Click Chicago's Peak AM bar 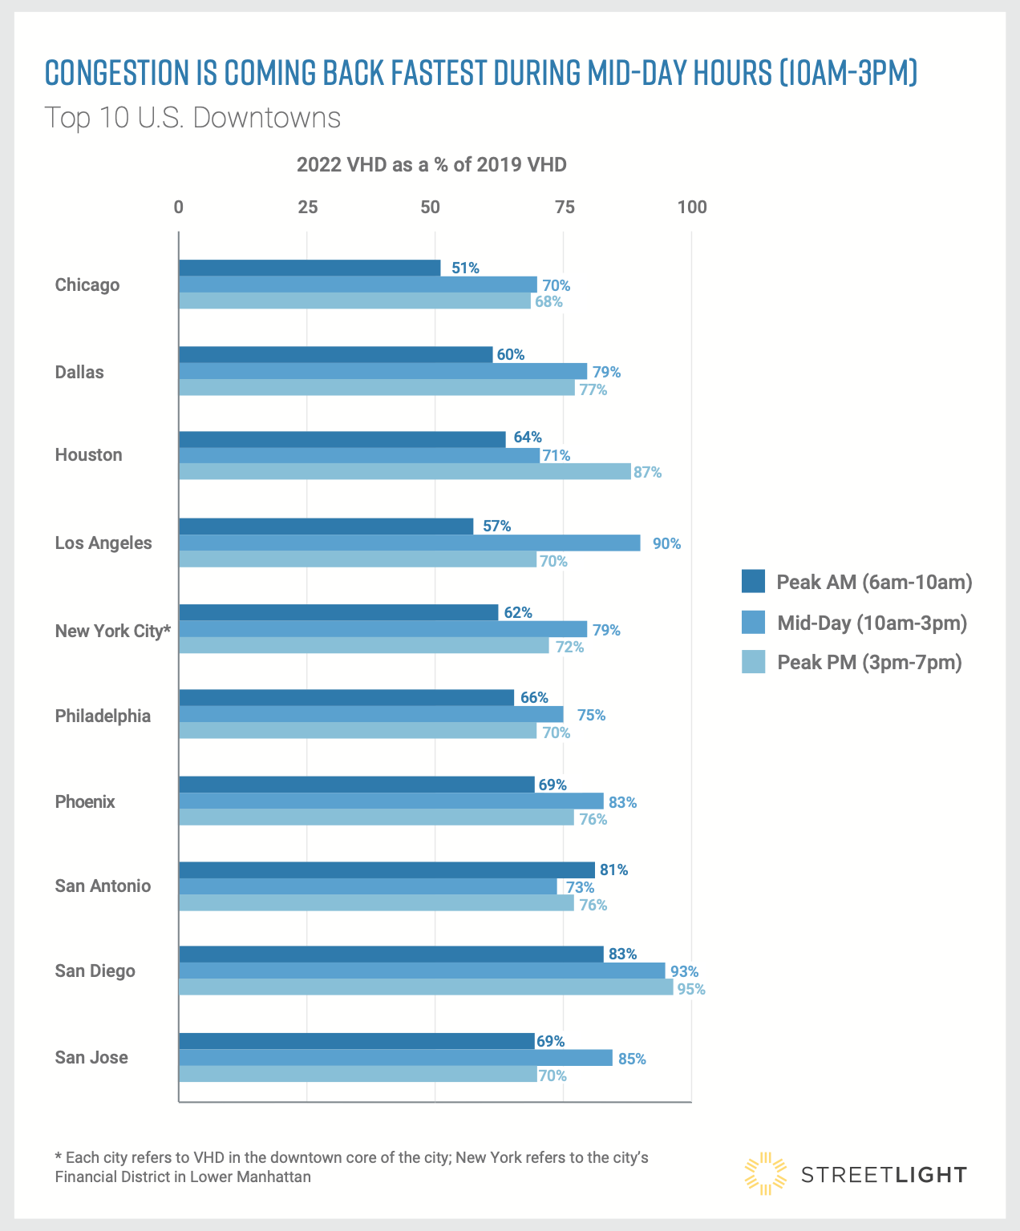tap(310, 268)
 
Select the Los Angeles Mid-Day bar tap(409, 543)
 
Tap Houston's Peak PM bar tap(404, 472)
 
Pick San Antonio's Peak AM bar tap(387, 870)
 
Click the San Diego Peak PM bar tap(426, 988)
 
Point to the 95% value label tap(691, 989)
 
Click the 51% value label tap(465, 268)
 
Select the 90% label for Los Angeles tap(666, 543)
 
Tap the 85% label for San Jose tap(632, 1059)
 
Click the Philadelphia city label tap(103, 716)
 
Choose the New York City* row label tap(113, 631)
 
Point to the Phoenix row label tap(85, 801)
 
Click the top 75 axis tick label tap(565, 207)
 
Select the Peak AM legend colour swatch tap(754, 582)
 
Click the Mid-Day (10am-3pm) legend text tap(872, 623)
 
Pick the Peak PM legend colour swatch tap(754, 662)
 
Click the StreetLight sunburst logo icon tap(765, 1174)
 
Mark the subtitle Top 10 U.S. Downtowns tap(193, 118)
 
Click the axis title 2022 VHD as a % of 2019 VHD tap(431, 164)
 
